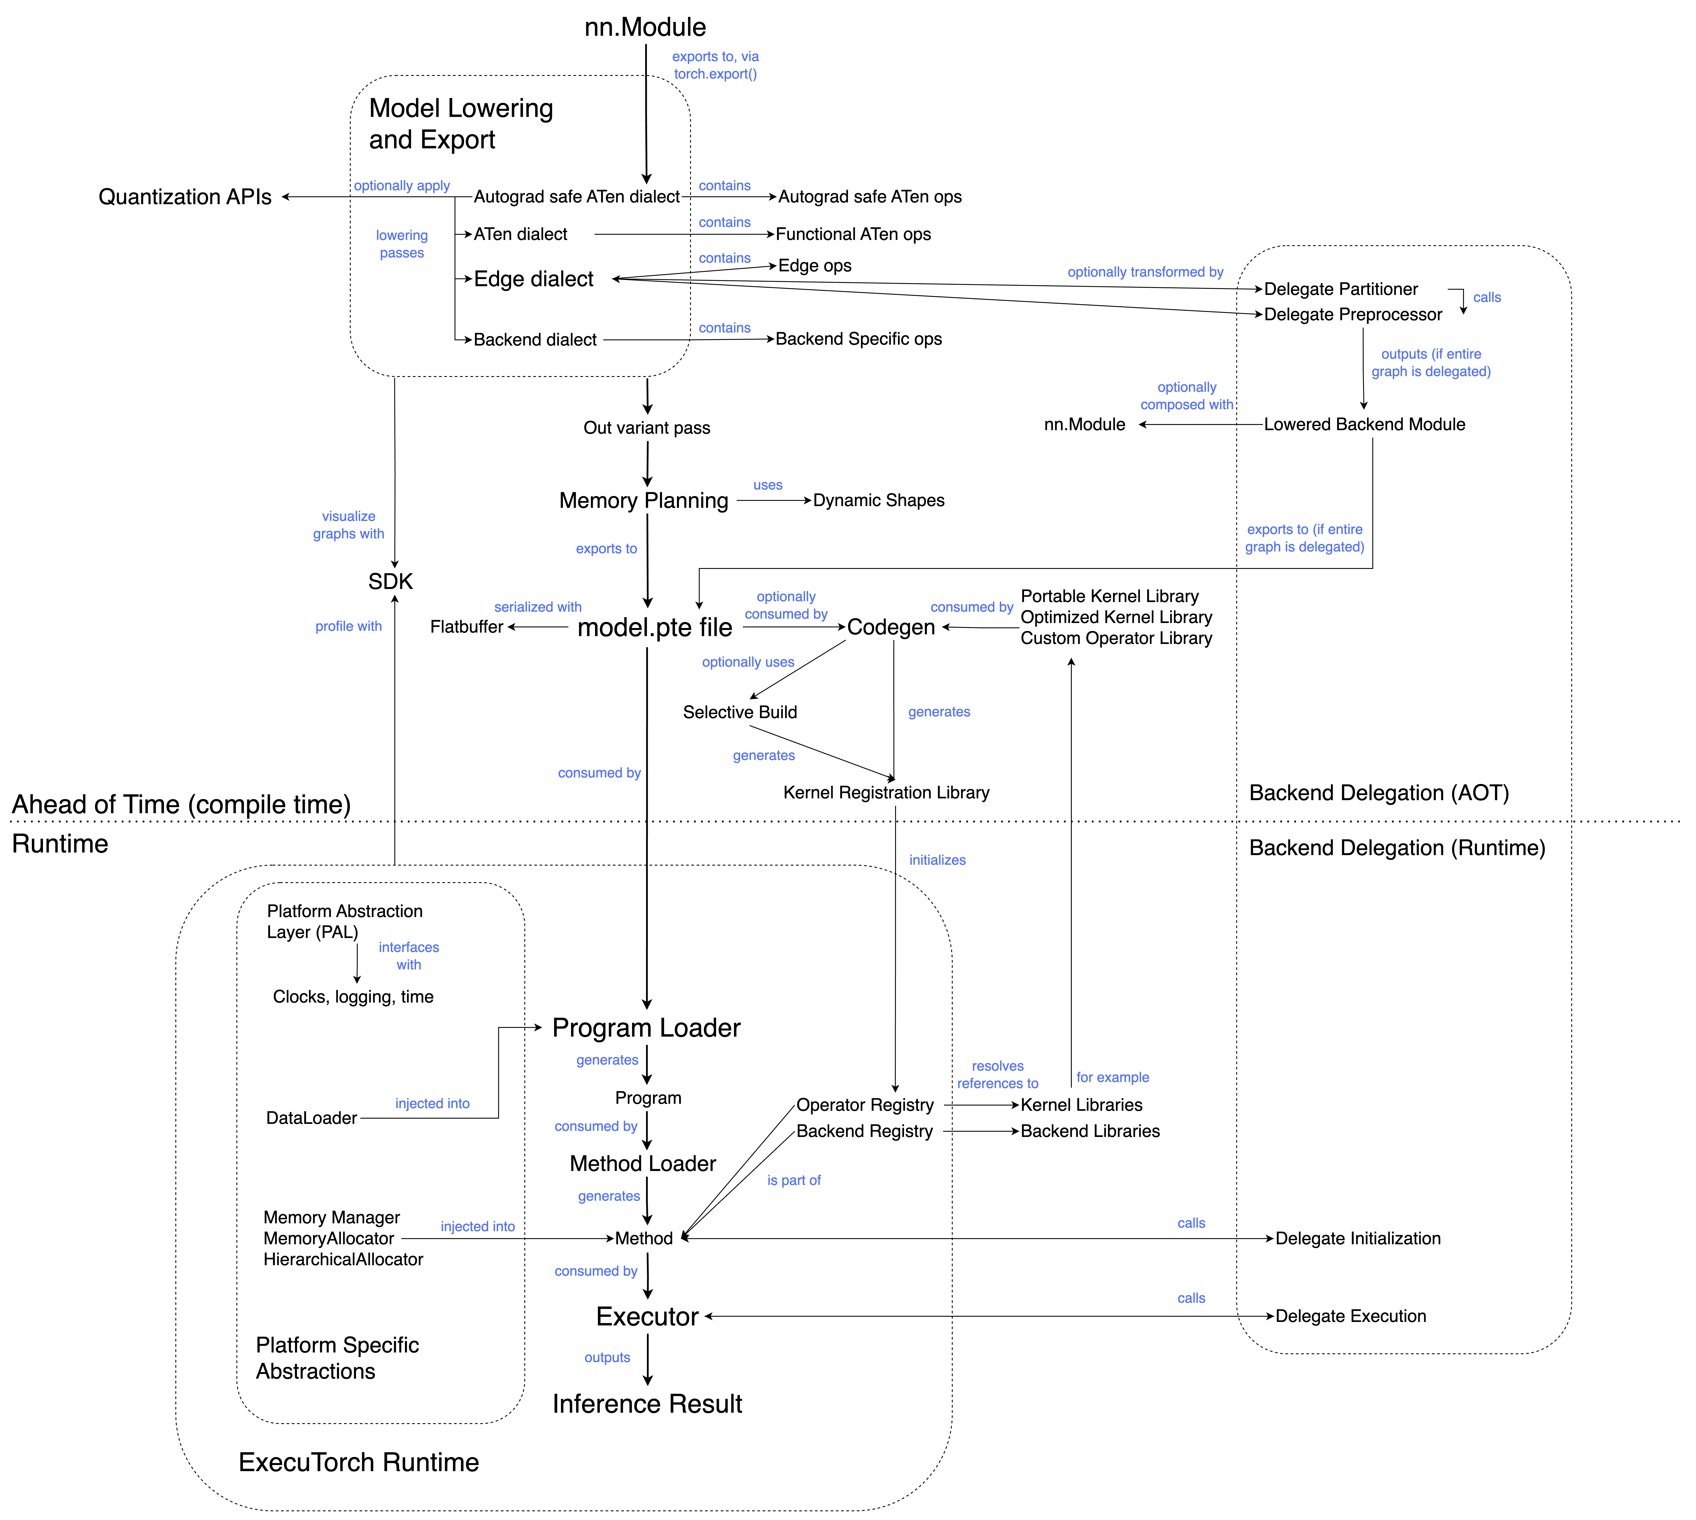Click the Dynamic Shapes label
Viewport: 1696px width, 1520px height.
[x=879, y=500]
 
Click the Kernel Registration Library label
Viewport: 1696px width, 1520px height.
[x=886, y=793]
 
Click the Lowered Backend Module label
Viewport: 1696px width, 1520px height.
[x=1364, y=424]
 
